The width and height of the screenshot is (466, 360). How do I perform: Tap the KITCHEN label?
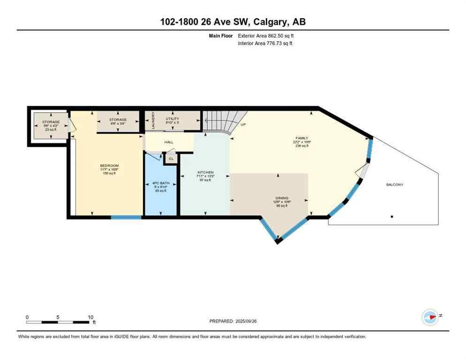click(x=205, y=172)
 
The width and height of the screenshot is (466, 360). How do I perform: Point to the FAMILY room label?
click(x=301, y=138)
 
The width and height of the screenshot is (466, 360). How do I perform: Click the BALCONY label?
click(x=394, y=184)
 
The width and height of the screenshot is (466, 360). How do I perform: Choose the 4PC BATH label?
click(x=161, y=183)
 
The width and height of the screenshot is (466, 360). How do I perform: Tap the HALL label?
click(x=169, y=142)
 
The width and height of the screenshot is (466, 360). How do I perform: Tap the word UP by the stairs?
click(x=243, y=125)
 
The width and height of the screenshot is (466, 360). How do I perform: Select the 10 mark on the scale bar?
click(x=90, y=317)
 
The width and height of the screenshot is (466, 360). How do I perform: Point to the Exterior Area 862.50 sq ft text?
click(x=266, y=36)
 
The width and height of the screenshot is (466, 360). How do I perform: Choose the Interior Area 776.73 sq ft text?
click(x=266, y=43)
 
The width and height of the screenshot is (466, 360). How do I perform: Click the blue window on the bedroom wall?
click(x=126, y=217)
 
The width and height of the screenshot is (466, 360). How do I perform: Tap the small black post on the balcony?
click(x=392, y=217)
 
